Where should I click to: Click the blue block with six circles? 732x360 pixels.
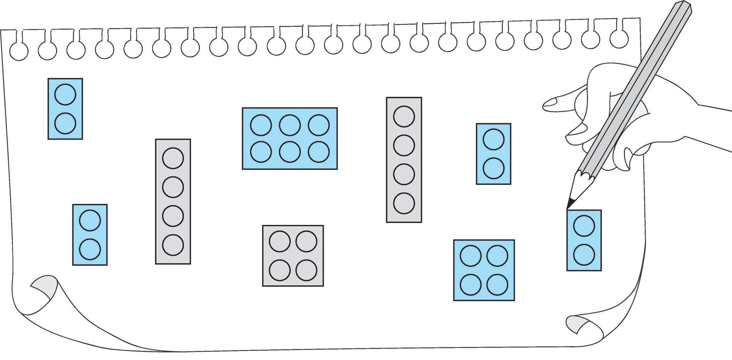290,138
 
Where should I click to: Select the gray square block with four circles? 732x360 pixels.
293,256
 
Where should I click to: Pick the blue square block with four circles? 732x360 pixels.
484,270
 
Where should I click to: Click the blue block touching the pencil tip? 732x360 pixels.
584,240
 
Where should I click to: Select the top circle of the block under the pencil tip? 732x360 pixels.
584,226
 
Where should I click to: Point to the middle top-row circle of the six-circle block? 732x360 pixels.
290,125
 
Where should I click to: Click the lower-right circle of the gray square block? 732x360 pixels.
306,270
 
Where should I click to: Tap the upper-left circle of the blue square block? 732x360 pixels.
470,256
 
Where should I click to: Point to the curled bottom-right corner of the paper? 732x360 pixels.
578,323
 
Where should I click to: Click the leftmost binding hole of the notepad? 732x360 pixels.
18,51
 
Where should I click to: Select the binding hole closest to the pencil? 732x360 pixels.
619,38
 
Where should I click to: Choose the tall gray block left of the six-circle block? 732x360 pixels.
173,201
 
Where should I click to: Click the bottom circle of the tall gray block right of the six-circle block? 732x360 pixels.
404,203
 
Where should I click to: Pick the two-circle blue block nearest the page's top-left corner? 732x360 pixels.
65,109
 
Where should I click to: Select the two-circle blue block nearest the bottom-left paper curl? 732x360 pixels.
90,234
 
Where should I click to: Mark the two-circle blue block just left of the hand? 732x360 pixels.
494,154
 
